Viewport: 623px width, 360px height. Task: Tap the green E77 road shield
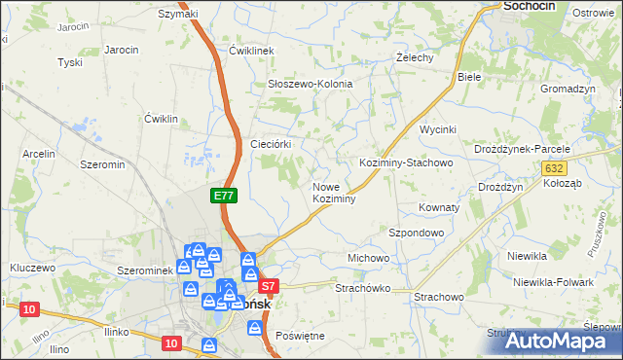(224, 196)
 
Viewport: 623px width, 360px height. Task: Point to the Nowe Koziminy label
(333, 192)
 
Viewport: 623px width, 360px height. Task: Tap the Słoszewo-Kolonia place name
(310, 85)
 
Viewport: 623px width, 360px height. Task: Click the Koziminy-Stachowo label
(406, 163)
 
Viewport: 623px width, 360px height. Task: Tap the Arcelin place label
(39, 154)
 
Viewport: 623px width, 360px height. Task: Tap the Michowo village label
(368, 258)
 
